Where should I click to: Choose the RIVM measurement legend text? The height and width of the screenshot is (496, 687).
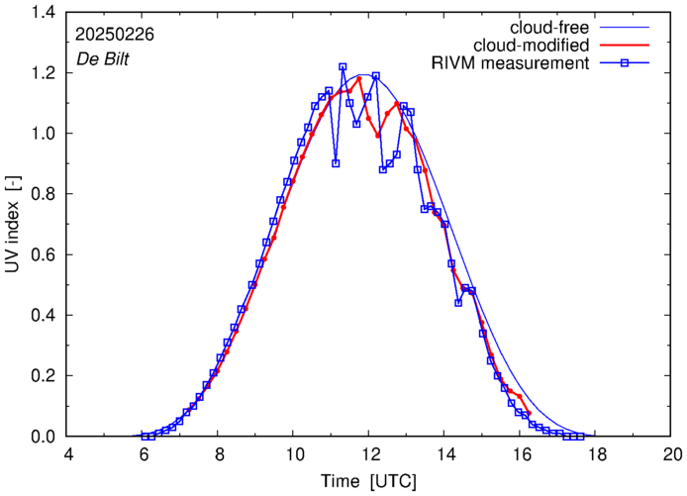(511, 64)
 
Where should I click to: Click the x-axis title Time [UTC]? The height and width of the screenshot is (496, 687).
(367, 481)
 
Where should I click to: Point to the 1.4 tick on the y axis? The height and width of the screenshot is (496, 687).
(42, 13)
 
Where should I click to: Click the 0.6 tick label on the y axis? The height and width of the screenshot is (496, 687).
(42, 254)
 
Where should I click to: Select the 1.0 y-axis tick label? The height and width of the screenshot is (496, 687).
(42, 134)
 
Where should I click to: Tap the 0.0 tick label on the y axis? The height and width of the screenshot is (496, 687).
(42, 437)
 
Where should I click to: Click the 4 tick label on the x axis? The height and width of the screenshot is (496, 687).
(68, 455)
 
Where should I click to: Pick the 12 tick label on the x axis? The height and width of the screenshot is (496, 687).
(369, 455)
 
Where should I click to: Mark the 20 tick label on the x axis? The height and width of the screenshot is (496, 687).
(672, 455)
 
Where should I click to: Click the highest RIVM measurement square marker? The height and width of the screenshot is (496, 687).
(343, 67)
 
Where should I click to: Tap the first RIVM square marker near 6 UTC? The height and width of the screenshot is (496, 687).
(145, 436)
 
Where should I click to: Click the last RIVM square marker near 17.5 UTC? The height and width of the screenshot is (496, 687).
(579, 436)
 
